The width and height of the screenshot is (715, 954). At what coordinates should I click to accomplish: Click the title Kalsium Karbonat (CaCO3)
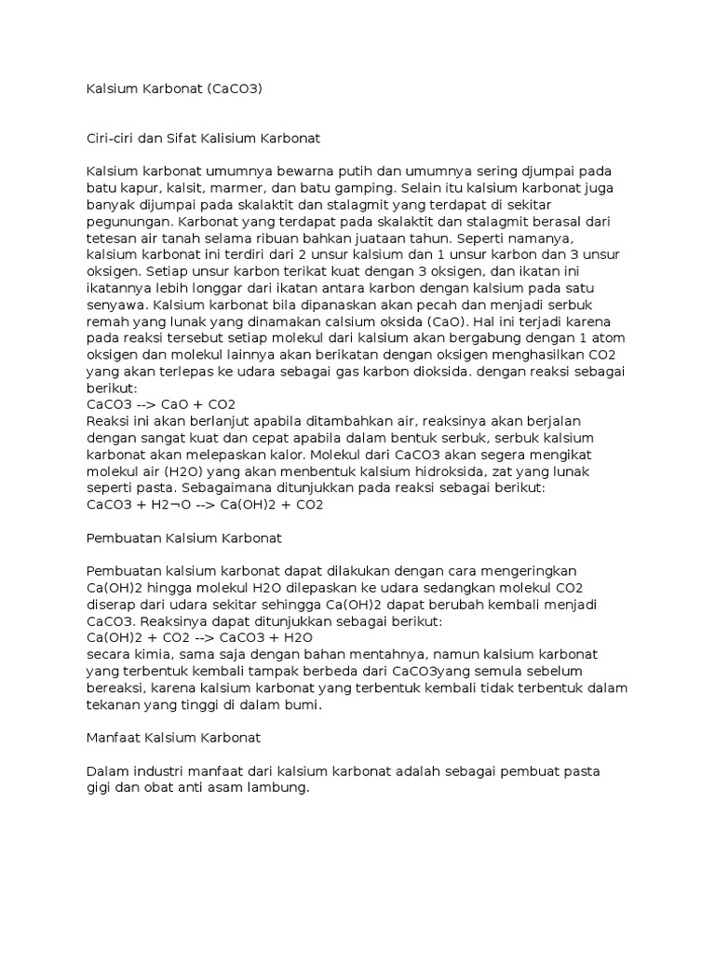coord(173,89)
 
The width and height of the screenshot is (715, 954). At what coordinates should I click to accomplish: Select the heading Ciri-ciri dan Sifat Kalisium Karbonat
coord(203,138)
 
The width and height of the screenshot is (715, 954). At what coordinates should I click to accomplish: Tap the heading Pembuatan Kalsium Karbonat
coord(183,538)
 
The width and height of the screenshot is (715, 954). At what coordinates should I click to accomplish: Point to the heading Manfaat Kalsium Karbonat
coord(173,737)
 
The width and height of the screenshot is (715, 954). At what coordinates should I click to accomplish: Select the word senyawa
coord(115,305)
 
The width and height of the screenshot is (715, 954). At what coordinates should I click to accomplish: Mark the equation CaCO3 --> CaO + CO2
coord(160,404)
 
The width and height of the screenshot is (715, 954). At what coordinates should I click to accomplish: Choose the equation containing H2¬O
coord(204,504)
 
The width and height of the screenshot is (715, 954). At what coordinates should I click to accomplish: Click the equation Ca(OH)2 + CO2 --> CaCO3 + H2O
coord(199,637)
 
